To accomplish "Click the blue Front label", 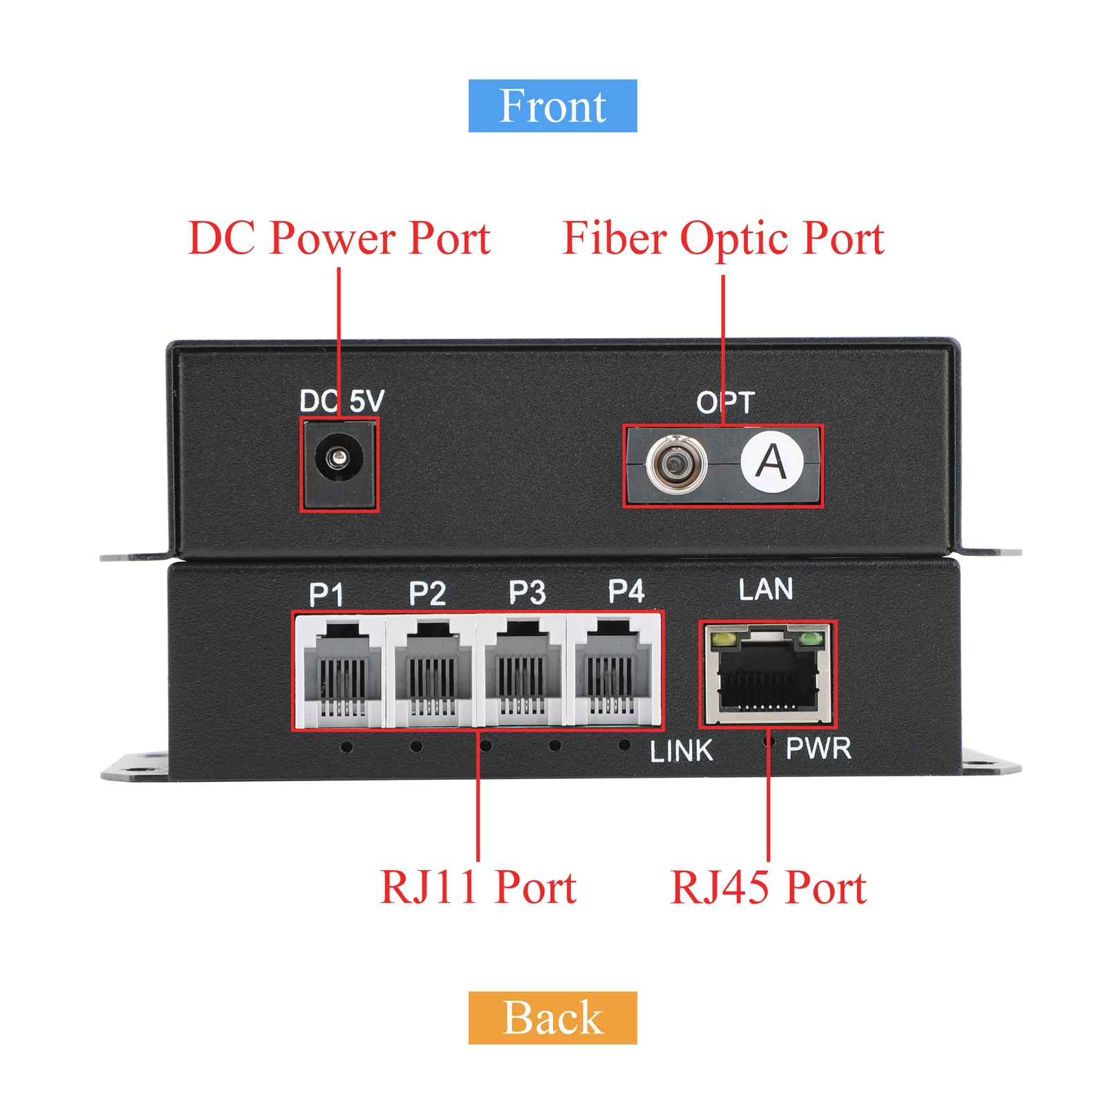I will tap(552, 106).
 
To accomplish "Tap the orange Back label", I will tap(552, 1018).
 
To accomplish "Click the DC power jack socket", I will tap(339, 458).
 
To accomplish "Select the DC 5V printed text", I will tap(341, 401).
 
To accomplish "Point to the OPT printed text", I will tap(724, 402).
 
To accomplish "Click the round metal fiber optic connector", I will tap(676, 465).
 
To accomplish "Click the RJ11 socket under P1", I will tap(339, 671).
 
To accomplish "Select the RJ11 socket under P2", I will tap(430, 671).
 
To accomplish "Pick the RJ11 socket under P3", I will tap(521, 671).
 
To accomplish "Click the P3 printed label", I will tap(527, 592).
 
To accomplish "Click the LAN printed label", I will tap(765, 590).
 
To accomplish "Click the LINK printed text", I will tap(681, 751).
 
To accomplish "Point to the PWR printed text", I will tap(818, 749).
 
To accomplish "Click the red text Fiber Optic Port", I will tap(723, 238).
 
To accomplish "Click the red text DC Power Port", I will tap(339, 238).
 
